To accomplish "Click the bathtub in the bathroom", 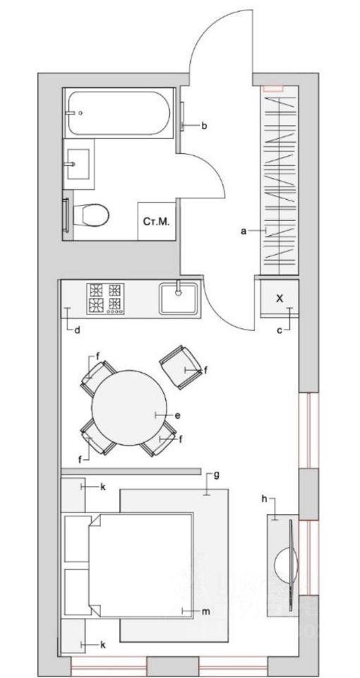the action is pos(119,113).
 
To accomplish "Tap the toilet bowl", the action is pos(91,215).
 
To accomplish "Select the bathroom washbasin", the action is pos(78,164).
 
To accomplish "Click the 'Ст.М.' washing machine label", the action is pos(156,222).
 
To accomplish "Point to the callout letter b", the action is pos(205,126).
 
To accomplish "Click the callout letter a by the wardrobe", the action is pos(244,232).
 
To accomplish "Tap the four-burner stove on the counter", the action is pos(105,298).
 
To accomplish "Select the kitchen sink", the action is pos(179,298).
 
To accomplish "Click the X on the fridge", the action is pos(280,298).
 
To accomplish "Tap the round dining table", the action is pos(129,408).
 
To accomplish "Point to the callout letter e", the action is pos(177,415).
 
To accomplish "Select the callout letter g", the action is pos(217,475).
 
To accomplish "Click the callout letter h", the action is pos(265,500).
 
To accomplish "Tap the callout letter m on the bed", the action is pos(206,612).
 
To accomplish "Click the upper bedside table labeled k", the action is pos(73,494).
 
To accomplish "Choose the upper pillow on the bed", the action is pos(78,538).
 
